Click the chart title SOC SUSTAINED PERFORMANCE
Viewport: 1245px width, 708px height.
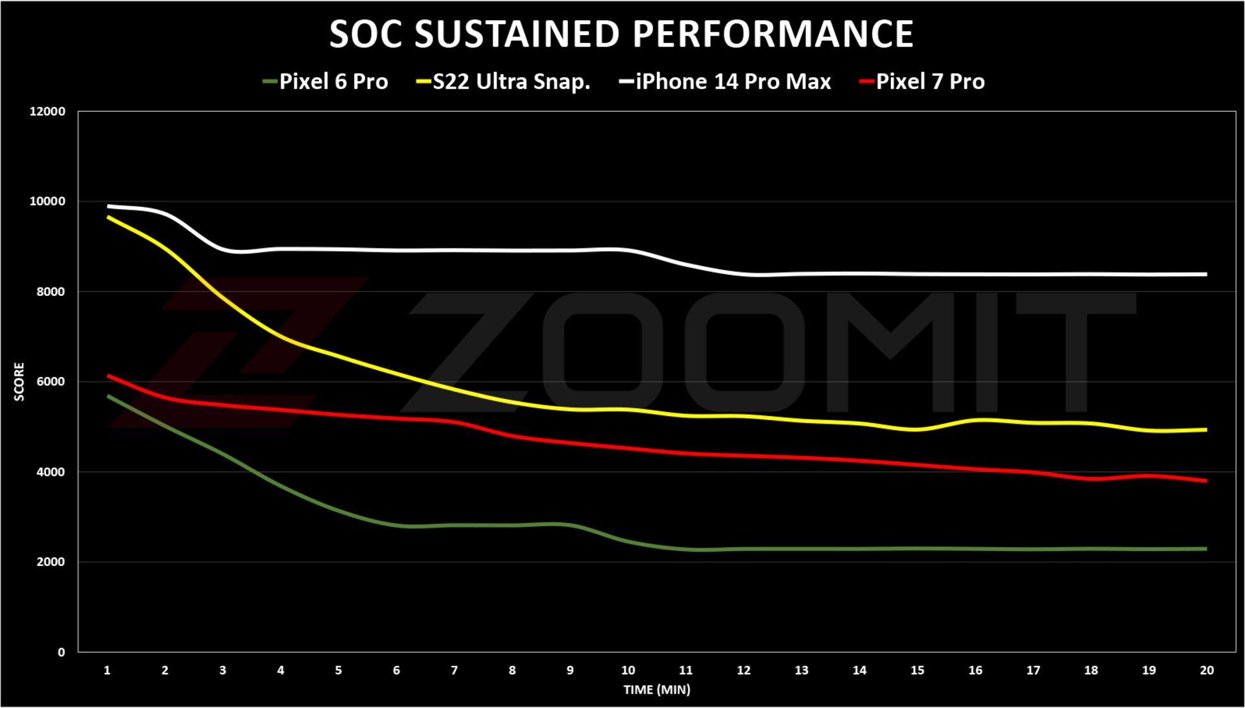[x=621, y=34]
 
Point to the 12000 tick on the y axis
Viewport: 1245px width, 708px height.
[x=47, y=112]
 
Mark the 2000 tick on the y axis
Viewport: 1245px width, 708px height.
[x=51, y=562]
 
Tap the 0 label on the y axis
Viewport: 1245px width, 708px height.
[x=61, y=652]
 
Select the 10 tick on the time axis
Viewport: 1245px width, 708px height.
[x=628, y=670]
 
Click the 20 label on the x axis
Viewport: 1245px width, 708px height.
[x=1206, y=670]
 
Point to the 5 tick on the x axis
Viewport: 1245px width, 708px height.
[x=338, y=670]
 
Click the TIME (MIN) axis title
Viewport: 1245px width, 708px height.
[x=656, y=690]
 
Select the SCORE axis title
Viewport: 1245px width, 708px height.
[x=19, y=382]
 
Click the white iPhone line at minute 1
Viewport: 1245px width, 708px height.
[x=108, y=206]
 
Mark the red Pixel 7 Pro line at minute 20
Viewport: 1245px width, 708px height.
[x=1206, y=481]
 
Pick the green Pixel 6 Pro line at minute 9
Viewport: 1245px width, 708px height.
[x=570, y=524]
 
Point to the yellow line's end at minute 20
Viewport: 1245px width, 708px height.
[x=1206, y=430]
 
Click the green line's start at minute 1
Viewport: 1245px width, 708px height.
[x=108, y=395]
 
